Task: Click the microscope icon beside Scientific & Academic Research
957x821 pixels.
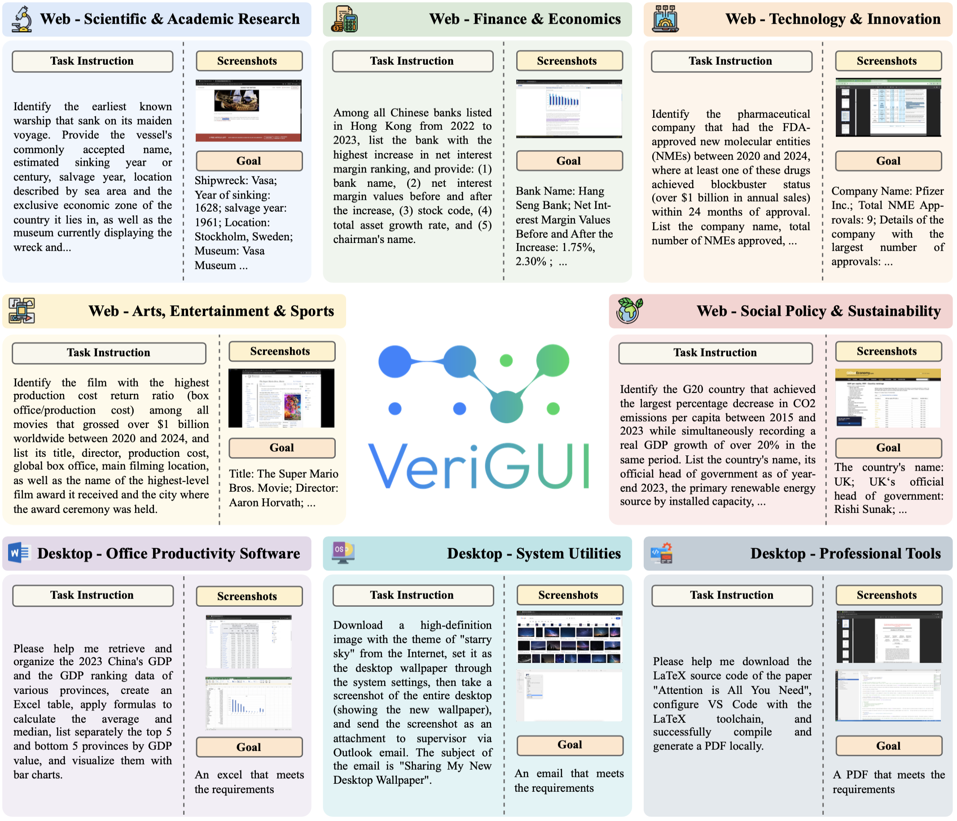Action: point(22,19)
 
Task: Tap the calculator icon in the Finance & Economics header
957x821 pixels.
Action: point(345,19)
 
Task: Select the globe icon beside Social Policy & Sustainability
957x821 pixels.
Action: point(629,310)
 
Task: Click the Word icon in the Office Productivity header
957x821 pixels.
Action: point(19,552)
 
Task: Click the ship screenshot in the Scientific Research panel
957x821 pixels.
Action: point(249,111)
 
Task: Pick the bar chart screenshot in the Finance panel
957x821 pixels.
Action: point(569,109)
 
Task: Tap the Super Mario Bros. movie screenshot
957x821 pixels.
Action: point(281,398)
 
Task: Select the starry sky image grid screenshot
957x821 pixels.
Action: point(570,637)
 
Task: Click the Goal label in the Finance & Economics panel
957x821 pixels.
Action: point(569,161)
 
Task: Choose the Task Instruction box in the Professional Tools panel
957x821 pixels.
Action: point(732,595)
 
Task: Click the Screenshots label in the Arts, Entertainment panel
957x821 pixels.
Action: point(281,351)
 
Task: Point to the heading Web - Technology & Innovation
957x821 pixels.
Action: point(832,19)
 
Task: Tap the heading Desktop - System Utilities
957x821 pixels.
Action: point(533,553)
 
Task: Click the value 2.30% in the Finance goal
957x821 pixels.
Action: point(531,261)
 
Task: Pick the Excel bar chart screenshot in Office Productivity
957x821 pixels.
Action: point(249,703)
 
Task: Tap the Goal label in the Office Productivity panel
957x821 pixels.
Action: point(249,747)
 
